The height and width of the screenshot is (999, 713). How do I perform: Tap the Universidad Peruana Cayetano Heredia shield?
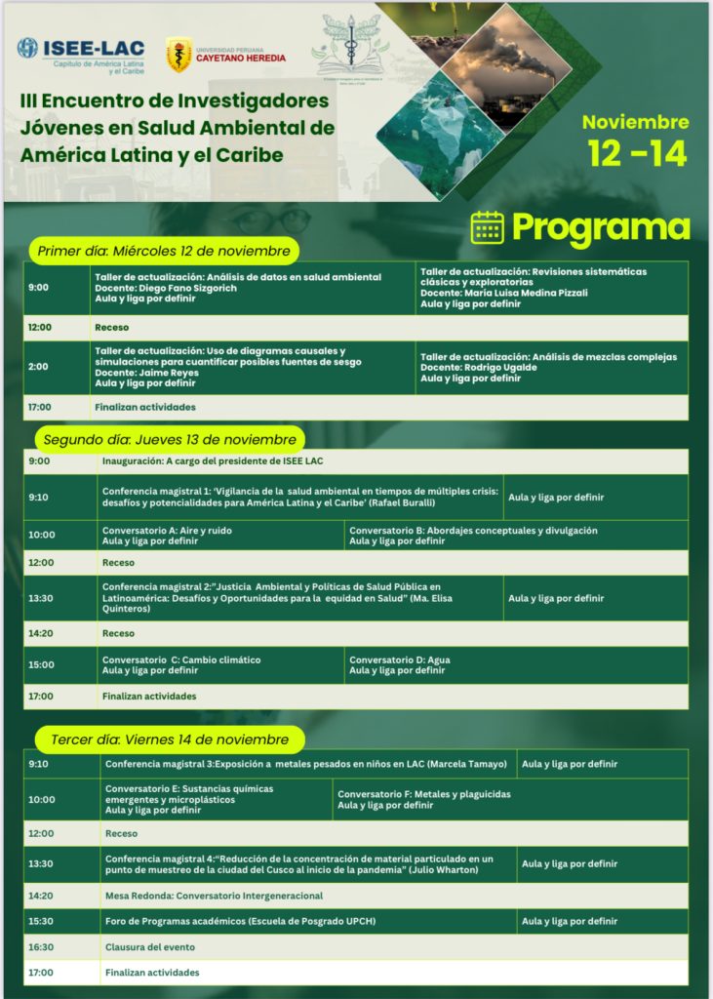click(x=178, y=55)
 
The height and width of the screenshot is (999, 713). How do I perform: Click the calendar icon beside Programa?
click(x=487, y=226)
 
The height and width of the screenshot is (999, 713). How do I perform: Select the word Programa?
click(x=600, y=227)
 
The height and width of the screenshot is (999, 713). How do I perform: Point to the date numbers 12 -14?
click(x=637, y=153)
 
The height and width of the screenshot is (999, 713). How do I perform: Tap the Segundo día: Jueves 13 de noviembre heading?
click(x=170, y=439)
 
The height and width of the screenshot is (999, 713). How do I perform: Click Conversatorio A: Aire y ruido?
click(x=167, y=530)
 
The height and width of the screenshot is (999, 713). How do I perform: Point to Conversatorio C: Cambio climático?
click(x=181, y=659)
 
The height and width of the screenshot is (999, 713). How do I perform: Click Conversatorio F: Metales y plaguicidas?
click(x=424, y=794)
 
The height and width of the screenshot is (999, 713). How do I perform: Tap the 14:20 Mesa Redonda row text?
click(x=214, y=896)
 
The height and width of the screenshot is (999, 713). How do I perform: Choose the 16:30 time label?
click(x=41, y=947)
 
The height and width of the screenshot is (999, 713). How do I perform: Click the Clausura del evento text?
click(x=150, y=947)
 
